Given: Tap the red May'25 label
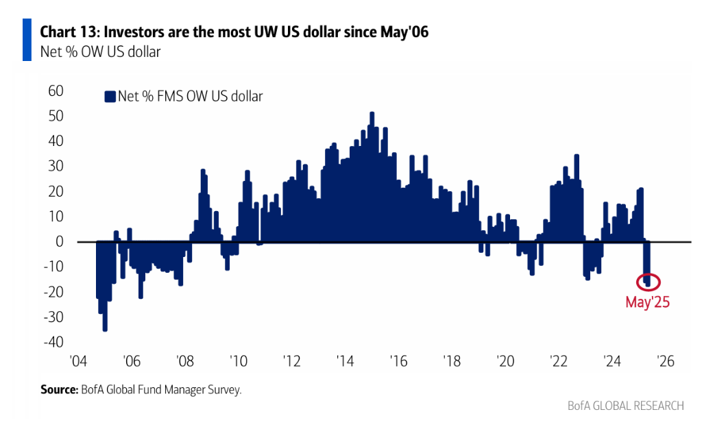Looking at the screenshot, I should [646, 301].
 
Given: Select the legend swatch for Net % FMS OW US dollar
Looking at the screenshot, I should [109, 97].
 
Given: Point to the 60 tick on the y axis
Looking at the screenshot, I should [54, 90].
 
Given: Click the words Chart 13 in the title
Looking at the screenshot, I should [68, 32].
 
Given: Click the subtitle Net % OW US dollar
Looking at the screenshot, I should [100, 51].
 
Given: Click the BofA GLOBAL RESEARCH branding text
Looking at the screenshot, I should [625, 406].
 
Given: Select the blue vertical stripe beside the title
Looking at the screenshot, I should [27, 40].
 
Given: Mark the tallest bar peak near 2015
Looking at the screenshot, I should [372, 114].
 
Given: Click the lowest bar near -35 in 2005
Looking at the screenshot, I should [105, 329].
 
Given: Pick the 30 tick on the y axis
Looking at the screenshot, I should [54, 166].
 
